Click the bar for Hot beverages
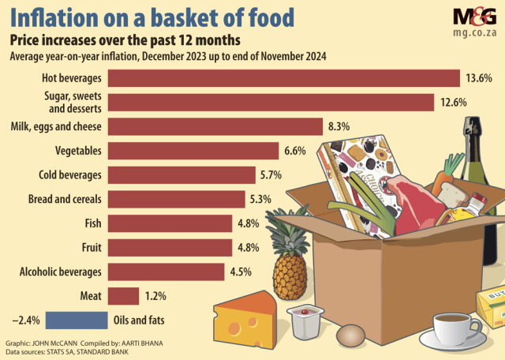coord(283,78)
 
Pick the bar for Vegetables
coord(193,151)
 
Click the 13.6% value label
coord(480,78)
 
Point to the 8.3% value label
coord(338,126)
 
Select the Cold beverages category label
coord(69,174)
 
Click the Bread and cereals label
coord(65,199)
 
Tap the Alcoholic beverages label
coord(61,272)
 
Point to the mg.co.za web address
coord(474,36)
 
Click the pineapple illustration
coord(290,261)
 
